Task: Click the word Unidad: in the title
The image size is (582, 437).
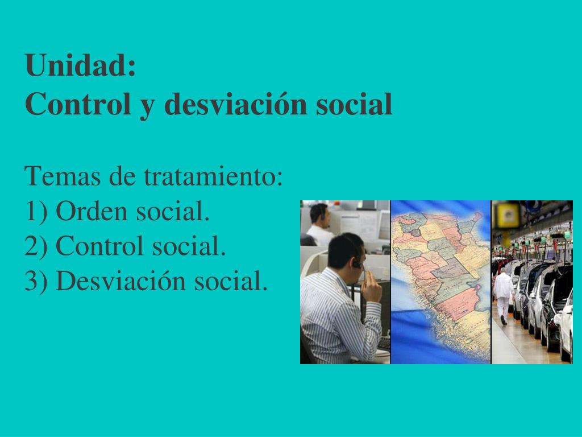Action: (81, 66)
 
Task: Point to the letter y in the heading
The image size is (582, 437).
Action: (147, 107)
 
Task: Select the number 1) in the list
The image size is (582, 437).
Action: (37, 212)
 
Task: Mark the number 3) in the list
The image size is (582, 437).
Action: (37, 281)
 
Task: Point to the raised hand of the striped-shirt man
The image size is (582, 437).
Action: (372, 287)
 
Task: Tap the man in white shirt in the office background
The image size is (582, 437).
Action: (319, 225)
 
